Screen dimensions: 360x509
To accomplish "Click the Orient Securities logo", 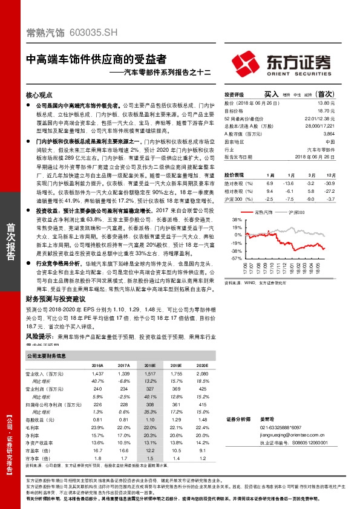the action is [x=282, y=62].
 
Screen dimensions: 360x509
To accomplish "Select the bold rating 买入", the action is [x=271, y=94].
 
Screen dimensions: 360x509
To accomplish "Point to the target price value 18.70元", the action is [x=326, y=111].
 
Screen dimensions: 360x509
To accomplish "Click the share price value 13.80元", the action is [x=326, y=103].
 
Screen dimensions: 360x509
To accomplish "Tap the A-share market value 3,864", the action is [x=329, y=133].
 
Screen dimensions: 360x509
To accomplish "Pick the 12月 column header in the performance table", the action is [x=328, y=173].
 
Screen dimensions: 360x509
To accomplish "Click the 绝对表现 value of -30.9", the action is [x=329, y=182].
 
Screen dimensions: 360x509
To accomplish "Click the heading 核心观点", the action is [x=41, y=95].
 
